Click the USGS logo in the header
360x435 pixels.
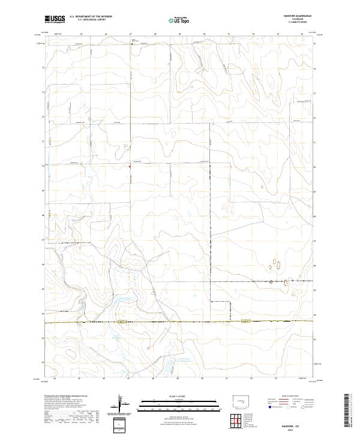pyautogui.click(x=55, y=19)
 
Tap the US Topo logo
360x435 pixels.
pyautogui.click(x=180, y=20)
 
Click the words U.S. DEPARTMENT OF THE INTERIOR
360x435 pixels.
pyautogui.click(x=91, y=17)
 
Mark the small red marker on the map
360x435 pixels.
pyautogui.click(x=130, y=167)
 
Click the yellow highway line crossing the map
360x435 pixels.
pyautogui.click(x=180, y=322)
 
